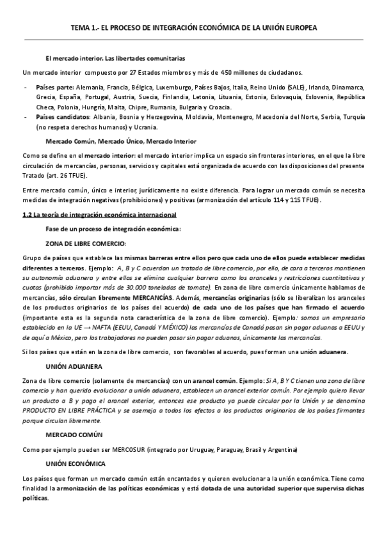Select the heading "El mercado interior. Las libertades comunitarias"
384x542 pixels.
pos(115,58)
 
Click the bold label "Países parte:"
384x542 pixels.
pos(55,87)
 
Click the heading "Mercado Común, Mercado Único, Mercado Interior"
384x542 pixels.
pos(122,141)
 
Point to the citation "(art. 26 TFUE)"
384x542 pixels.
pos(67,174)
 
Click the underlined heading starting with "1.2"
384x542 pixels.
pos(99,214)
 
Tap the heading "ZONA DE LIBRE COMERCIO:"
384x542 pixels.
pos(86,244)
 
